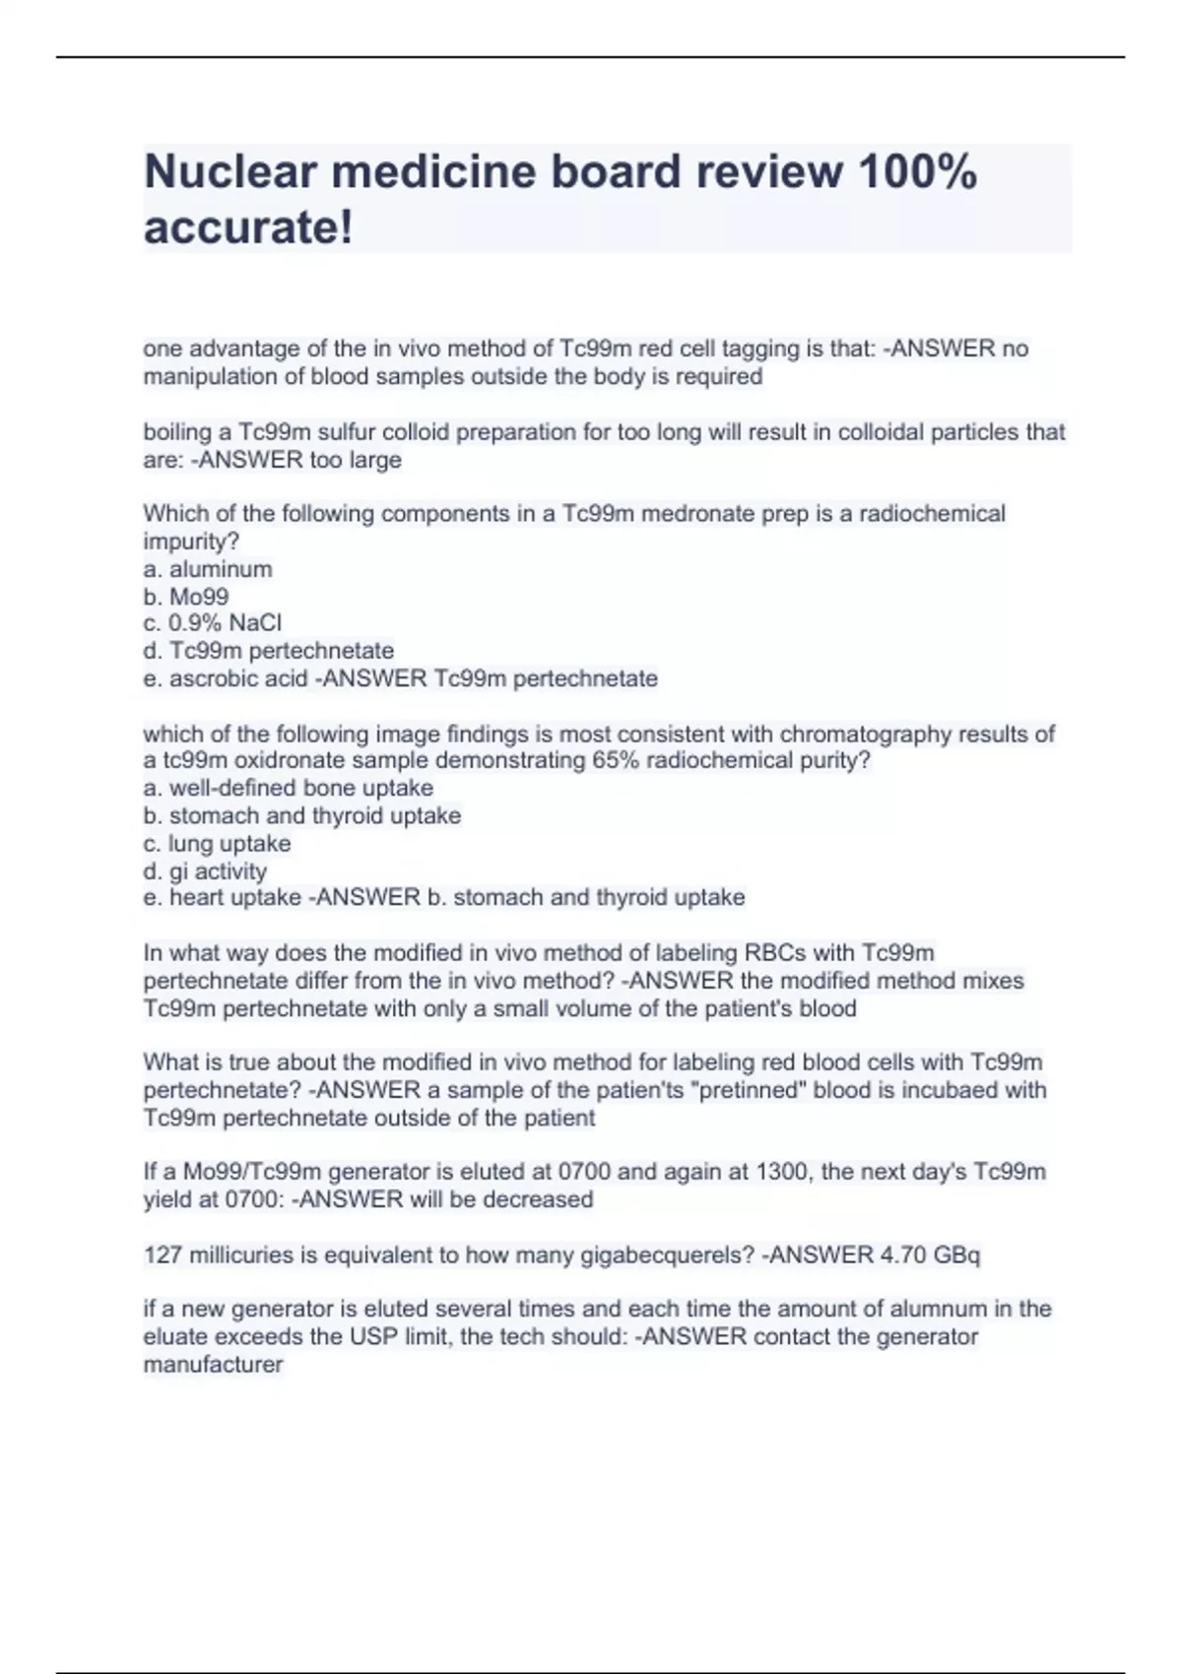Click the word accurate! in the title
coord(248,227)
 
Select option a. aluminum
coord(208,569)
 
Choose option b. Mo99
coord(186,597)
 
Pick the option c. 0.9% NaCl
coord(213,623)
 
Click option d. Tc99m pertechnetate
coord(269,651)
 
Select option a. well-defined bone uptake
coord(289,788)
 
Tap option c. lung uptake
coord(218,844)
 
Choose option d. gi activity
coord(205,871)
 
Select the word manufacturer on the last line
coord(214,1365)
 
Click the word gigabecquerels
coord(643,1255)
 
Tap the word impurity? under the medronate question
coord(192,542)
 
